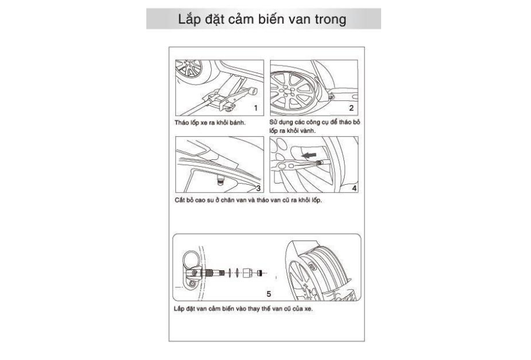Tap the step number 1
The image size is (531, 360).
pos(255,108)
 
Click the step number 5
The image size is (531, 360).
pos(268,293)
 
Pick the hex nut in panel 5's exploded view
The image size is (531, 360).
pos(247,273)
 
